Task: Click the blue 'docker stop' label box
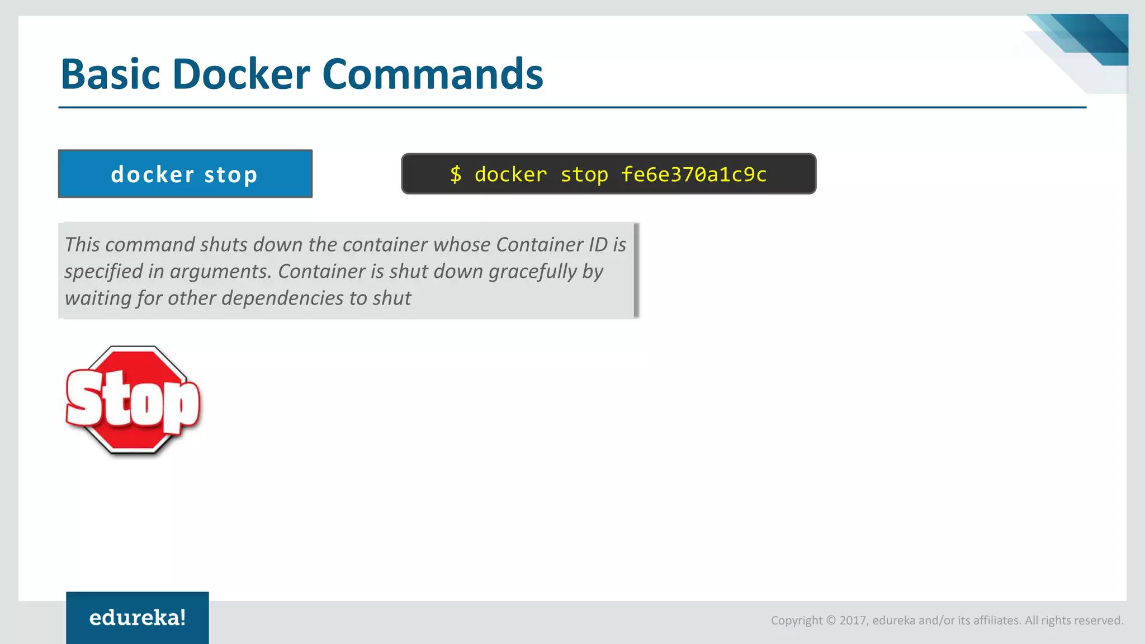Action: (x=185, y=174)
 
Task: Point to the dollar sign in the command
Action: (x=456, y=174)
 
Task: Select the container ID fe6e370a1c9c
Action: (x=694, y=174)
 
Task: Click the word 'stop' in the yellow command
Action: (x=584, y=174)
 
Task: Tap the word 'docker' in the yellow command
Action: (x=510, y=174)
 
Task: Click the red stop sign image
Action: (x=133, y=400)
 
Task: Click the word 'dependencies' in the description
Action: (x=283, y=299)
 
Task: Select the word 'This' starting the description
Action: (x=82, y=245)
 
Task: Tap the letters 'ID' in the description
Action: (x=598, y=245)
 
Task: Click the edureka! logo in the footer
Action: (x=138, y=618)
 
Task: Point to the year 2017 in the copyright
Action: (x=853, y=621)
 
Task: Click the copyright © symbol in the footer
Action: (x=831, y=621)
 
